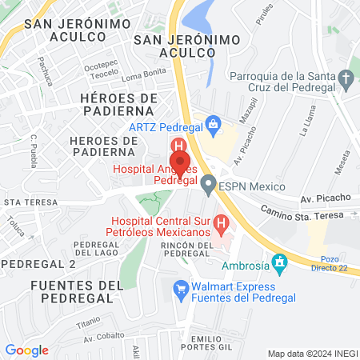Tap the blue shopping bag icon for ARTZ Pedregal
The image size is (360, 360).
(213, 124)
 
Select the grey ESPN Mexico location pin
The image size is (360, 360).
(208, 186)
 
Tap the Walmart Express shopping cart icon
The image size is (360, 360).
(182, 286)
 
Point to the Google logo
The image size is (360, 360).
(26, 350)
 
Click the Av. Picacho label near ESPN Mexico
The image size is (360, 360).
(326, 198)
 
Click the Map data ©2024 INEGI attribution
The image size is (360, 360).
(312, 354)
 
